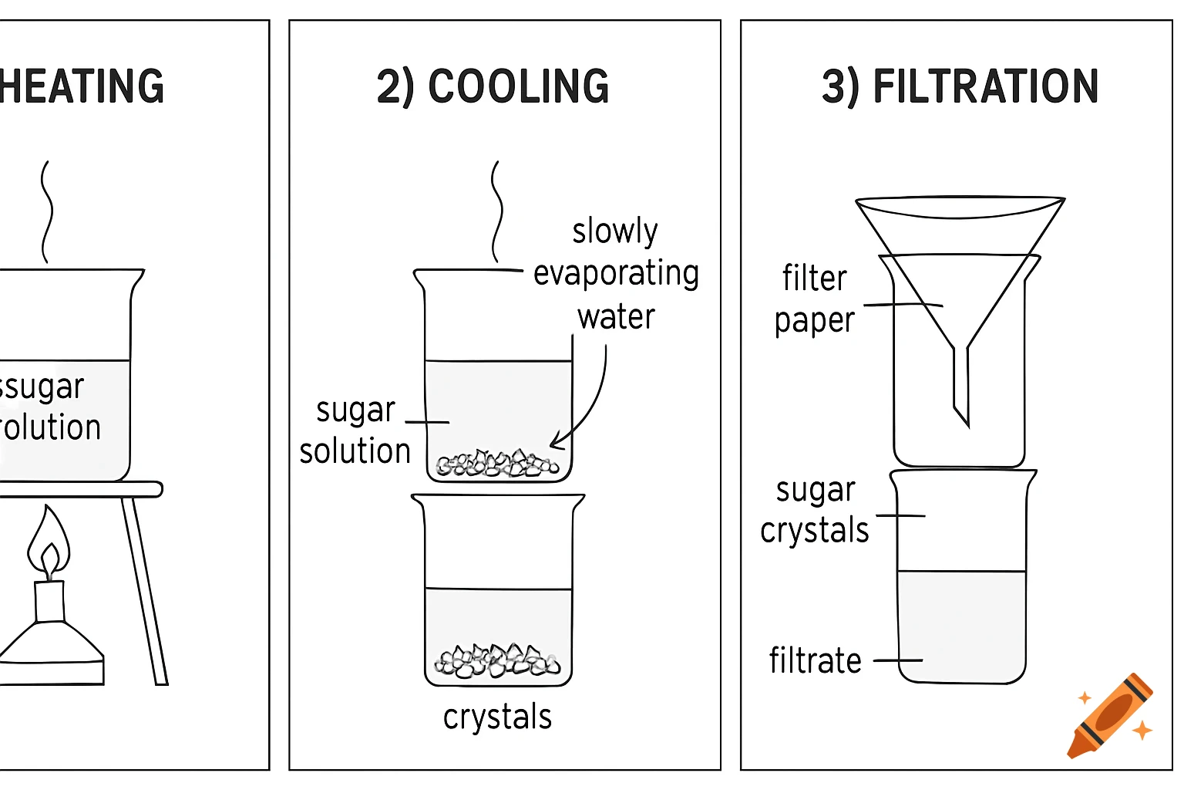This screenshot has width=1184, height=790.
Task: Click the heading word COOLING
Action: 518,86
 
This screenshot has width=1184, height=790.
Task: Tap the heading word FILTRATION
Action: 985,86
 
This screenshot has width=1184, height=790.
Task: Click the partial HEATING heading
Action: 82,86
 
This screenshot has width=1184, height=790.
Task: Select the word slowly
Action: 615,231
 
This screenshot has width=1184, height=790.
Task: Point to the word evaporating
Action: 616,274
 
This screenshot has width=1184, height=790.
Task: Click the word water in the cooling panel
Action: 616,317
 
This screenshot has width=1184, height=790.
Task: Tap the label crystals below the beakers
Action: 497,717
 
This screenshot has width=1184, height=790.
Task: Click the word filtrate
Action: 815,661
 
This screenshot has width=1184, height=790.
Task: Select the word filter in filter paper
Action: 814,279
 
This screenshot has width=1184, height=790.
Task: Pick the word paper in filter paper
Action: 814,321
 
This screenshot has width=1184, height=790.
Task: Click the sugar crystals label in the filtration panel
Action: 815,511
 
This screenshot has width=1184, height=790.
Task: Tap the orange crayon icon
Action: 1110,716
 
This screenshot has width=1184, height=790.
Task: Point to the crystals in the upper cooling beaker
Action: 498,464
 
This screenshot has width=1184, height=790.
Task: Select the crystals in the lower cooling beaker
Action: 498,661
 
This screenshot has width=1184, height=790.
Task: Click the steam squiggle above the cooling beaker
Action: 496,211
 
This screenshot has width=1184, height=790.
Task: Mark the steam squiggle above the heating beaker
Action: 46,211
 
